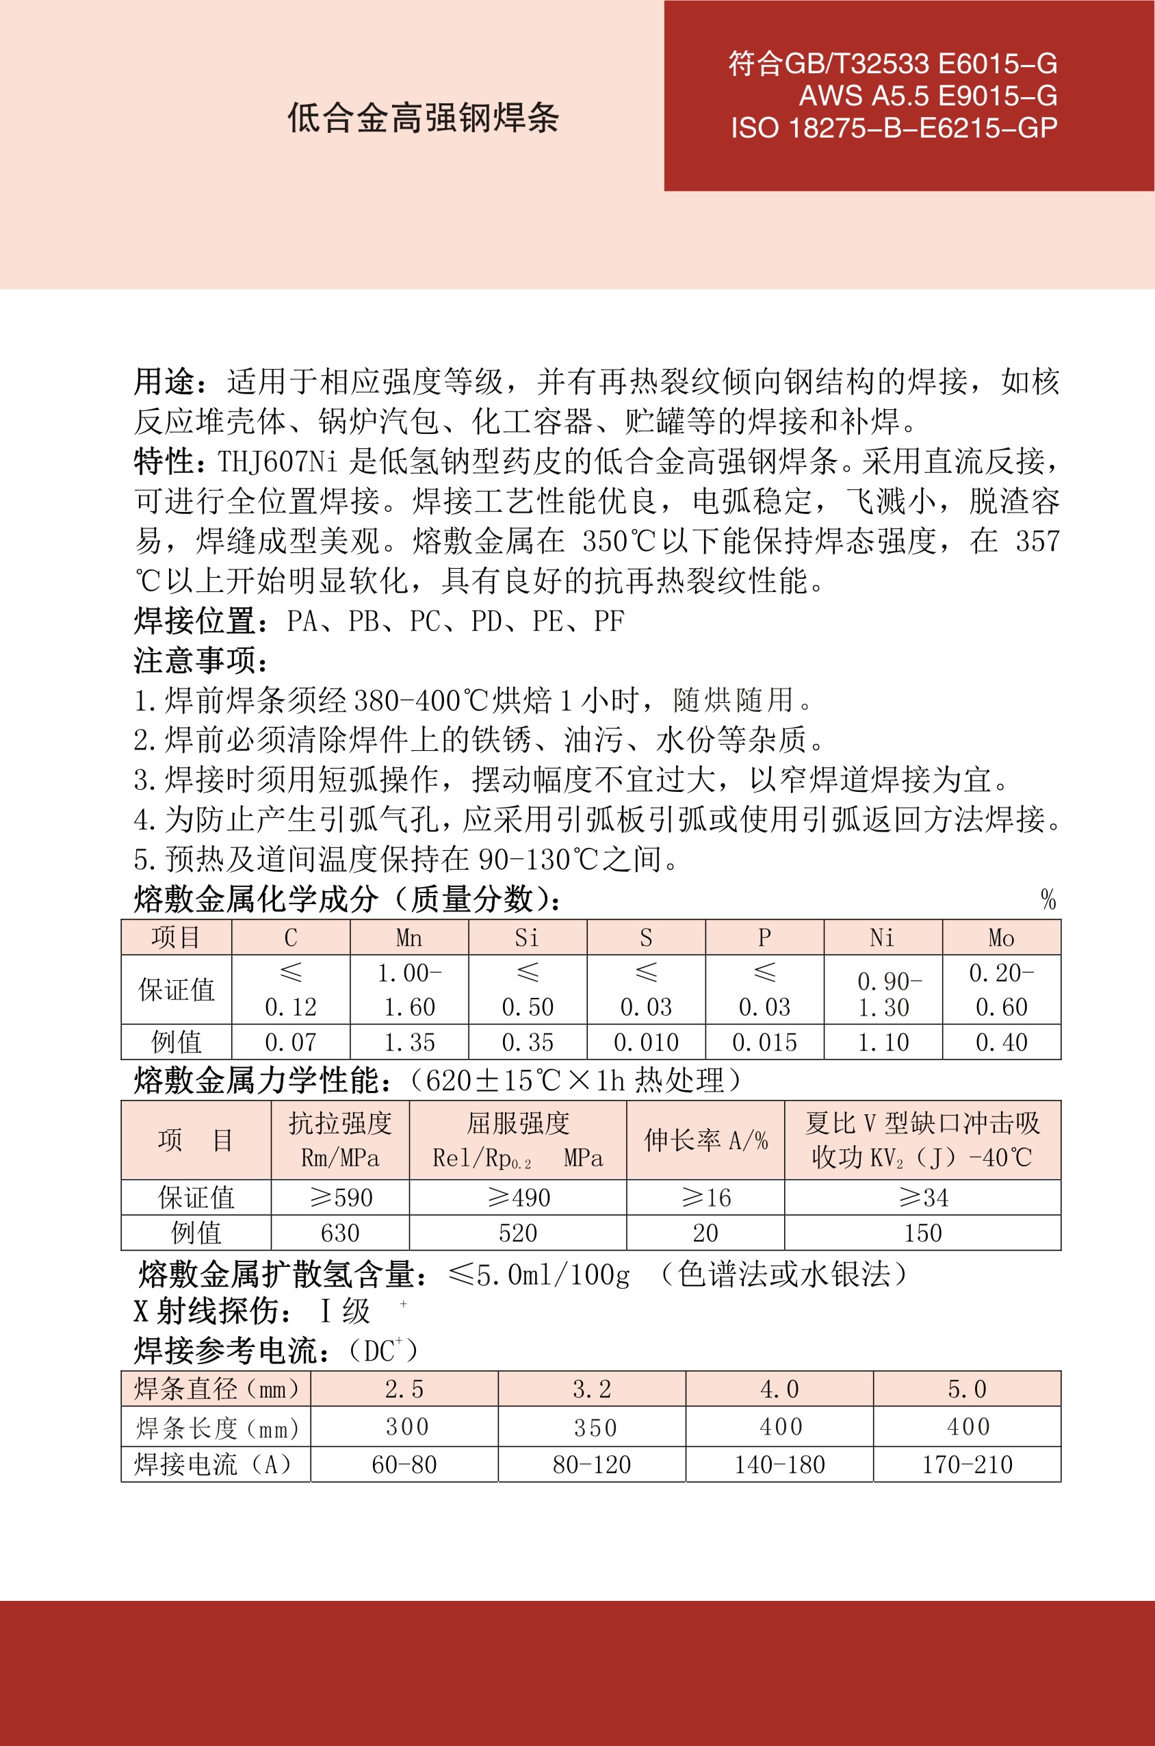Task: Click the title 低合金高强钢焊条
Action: (423, 118)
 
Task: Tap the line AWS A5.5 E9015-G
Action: (928, 96)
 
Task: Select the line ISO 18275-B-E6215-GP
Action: (894, 128)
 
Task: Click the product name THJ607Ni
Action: (277, 462)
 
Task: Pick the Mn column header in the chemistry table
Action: (408, 938)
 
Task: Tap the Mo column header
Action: (1001, 938)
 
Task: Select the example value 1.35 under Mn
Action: (408, 1042)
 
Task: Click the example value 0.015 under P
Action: (764, 1042)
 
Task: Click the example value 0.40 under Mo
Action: (1001, 1042)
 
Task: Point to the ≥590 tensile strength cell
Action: (340, 1198)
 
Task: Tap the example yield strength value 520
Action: (518, 1233)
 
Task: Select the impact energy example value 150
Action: (922, 1233)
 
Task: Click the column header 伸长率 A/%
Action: (705, 1140)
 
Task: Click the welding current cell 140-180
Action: (779, 1465)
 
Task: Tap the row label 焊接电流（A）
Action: (214, 1465)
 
